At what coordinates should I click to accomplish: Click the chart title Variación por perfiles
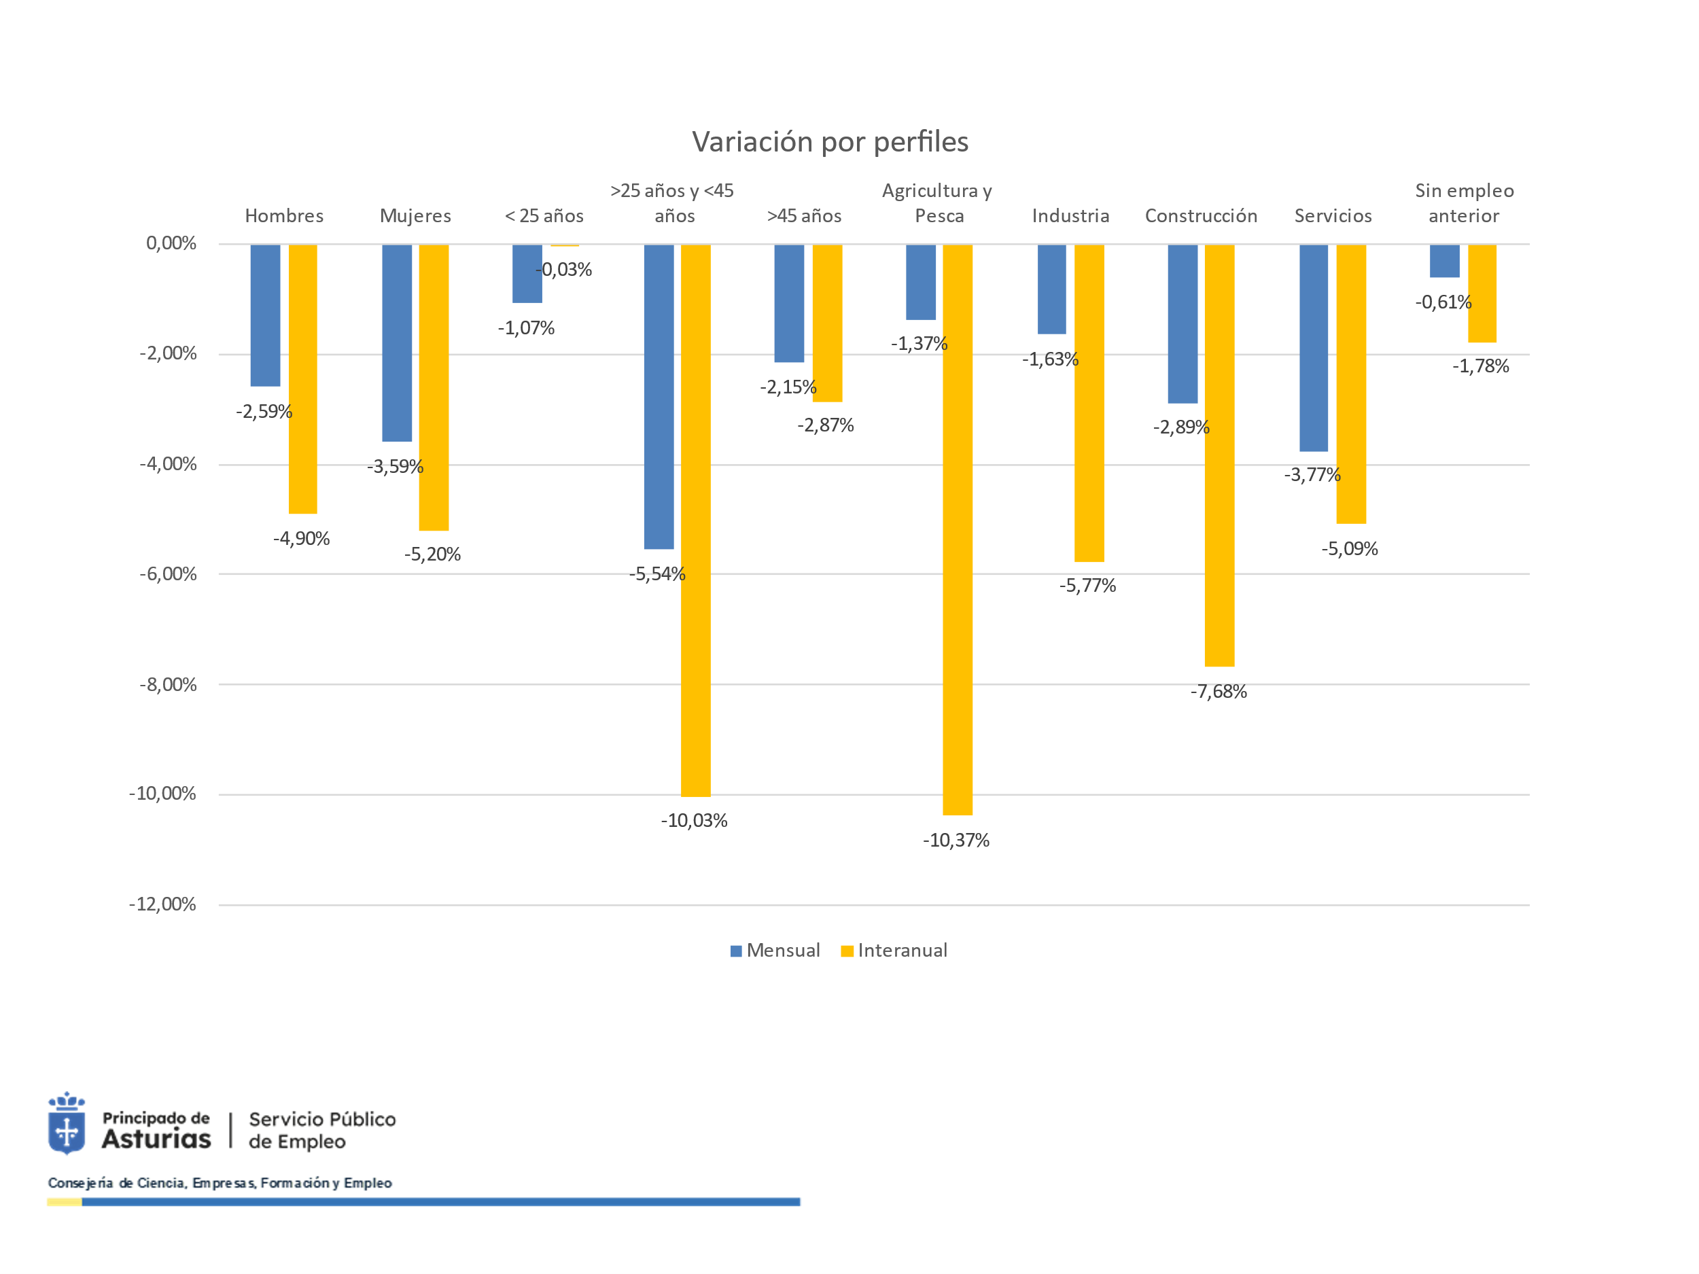(830, 142)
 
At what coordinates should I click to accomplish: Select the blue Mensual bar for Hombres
(265, 315)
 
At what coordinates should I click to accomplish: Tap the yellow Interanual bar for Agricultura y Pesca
(957, 530)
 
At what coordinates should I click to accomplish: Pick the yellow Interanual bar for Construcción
(1219, 455)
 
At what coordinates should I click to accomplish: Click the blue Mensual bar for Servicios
(1314, 348)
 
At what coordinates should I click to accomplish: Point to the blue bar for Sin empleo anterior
(1444, 261)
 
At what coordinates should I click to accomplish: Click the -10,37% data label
(956, 840)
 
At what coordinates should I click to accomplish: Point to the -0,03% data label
(564, 270)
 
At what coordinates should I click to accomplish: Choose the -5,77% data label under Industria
(1087, 586)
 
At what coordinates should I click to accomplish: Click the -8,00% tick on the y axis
(167, 684)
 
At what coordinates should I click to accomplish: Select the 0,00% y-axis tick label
(171, 243)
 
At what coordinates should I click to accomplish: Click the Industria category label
(1070, 216)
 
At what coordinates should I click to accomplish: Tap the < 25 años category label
(544, 216)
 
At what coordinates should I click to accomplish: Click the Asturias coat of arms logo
(67, 1123)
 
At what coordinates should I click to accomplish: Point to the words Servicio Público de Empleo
(322, 1130)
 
